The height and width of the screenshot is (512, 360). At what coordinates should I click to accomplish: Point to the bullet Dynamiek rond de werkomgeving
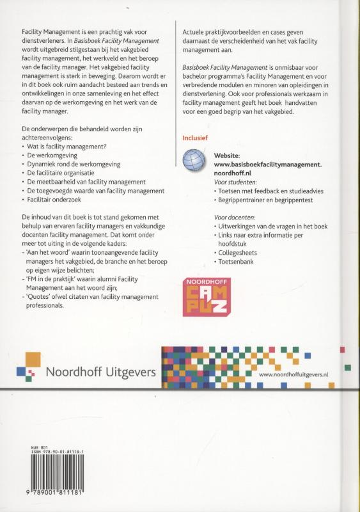[x=74, y=164]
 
